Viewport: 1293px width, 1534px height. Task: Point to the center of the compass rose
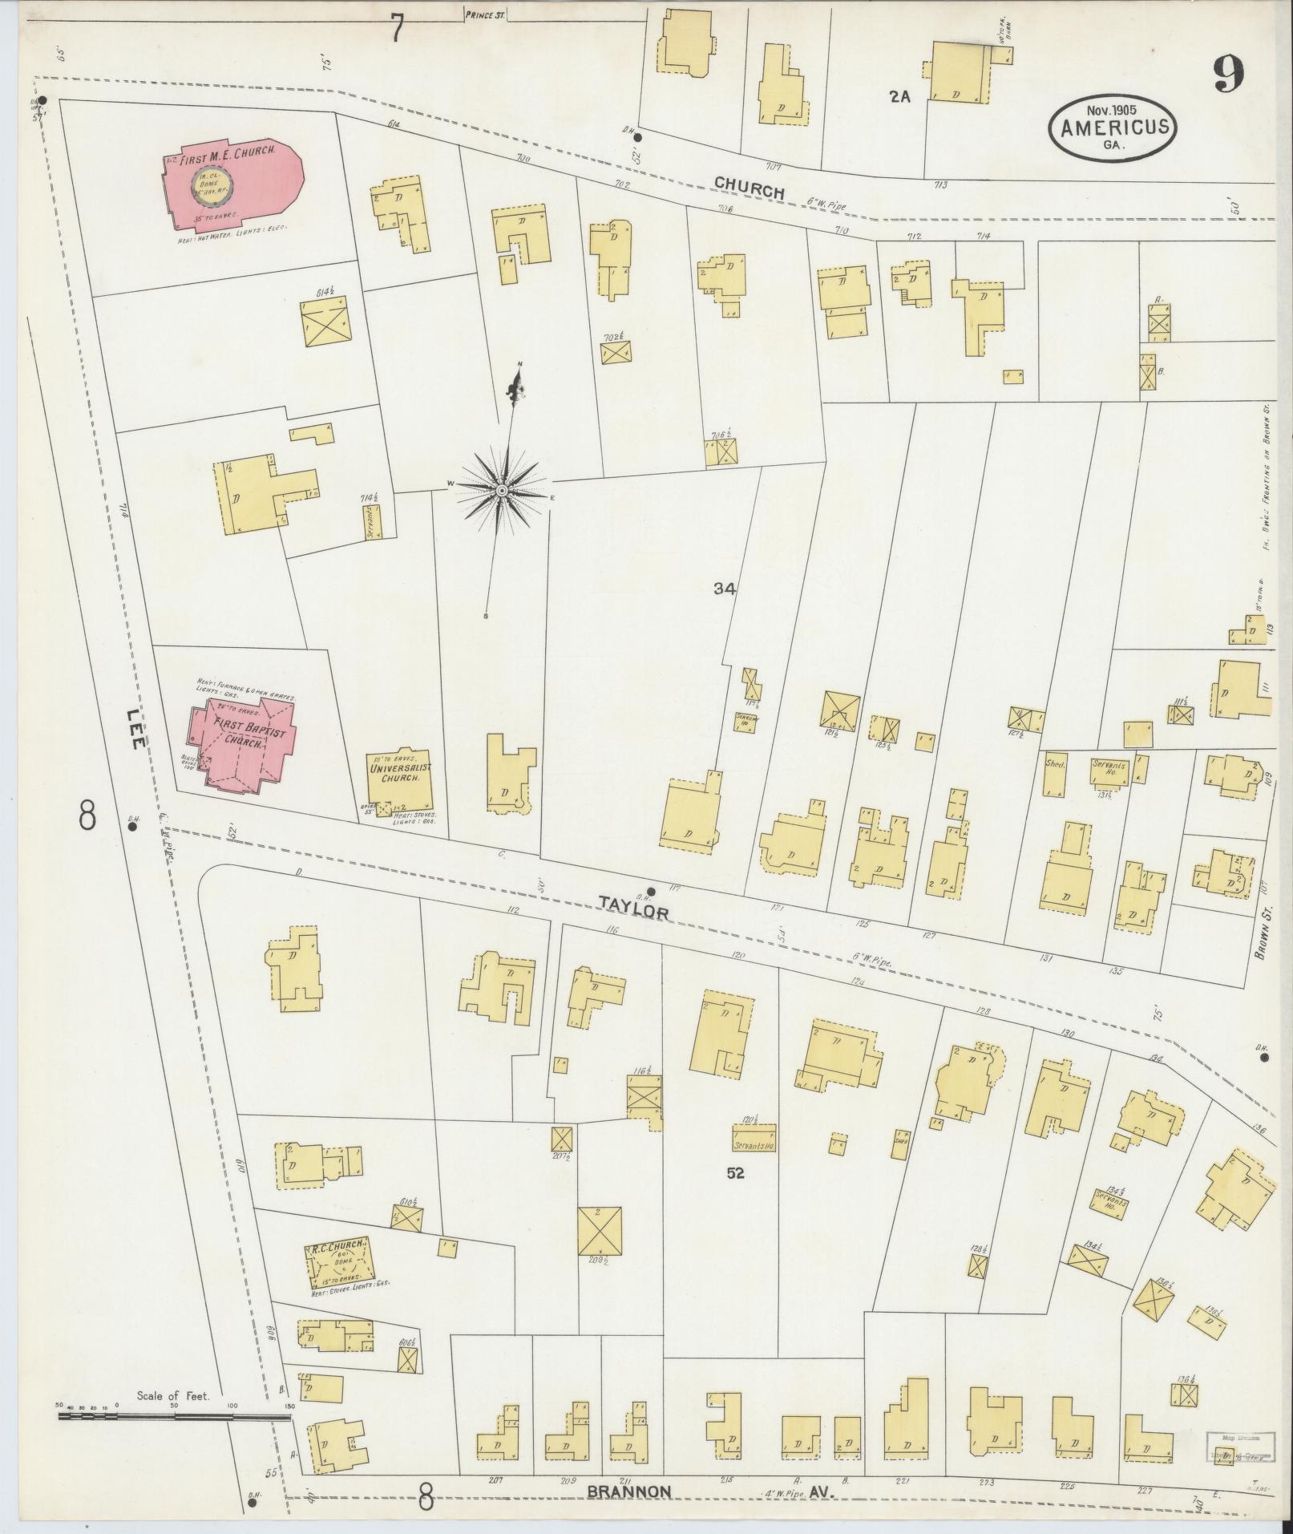pos(501,490)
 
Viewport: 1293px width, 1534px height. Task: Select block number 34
pos(724,589)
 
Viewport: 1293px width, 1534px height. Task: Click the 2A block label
pos(900,97)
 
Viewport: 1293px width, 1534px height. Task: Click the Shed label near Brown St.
pos(1054,764)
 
